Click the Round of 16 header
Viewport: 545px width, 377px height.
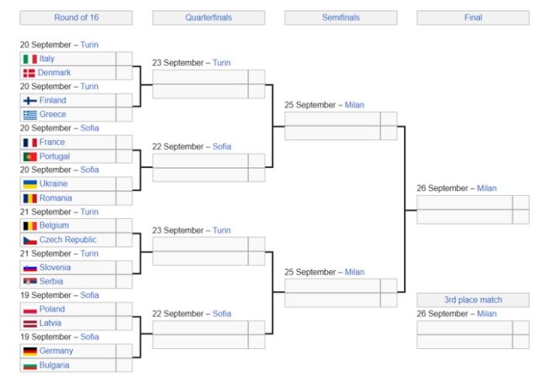[x=76, y=18]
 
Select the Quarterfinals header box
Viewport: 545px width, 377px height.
[x=209, y=18]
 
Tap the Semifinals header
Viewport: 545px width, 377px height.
[x=340, y=18]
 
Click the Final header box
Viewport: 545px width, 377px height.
[x=473, y=18]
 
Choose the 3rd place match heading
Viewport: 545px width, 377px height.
[x=473, y=300]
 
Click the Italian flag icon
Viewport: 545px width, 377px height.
[x=30, y=59]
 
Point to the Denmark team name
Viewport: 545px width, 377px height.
[x=54, y=73]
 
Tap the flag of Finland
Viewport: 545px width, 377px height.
[x=30, y=101]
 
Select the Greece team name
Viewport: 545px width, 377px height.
[x=53, y=115]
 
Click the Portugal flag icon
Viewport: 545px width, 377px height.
[x=30, y=156]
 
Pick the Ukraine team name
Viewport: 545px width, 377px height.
[x=53, y=183]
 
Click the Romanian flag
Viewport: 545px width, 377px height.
[x=30, y=198]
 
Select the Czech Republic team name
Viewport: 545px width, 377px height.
[x=67, y=239]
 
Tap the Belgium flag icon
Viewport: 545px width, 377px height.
[x=30, y=226]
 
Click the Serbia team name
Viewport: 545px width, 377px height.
[x=51, y=281]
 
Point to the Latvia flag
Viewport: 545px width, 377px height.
[x=30, y=324]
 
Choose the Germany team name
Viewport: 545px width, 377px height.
[x=56, y=351]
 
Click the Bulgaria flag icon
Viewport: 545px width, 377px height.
[x=30, y=365]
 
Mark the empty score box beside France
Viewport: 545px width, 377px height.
[x=124, y=142]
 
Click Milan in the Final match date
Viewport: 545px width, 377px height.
[x=487, y=188]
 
